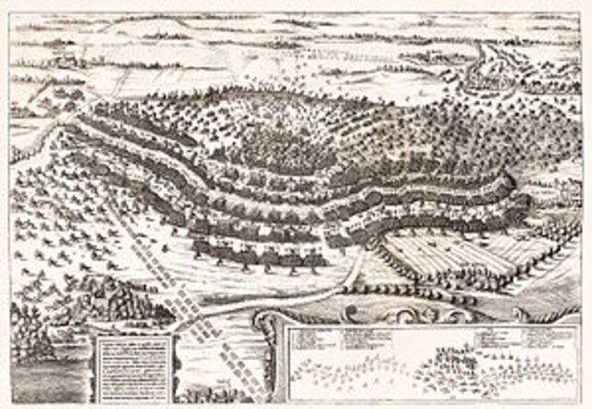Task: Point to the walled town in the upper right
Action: [489, 78]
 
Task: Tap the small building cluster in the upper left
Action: [65, 59]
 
